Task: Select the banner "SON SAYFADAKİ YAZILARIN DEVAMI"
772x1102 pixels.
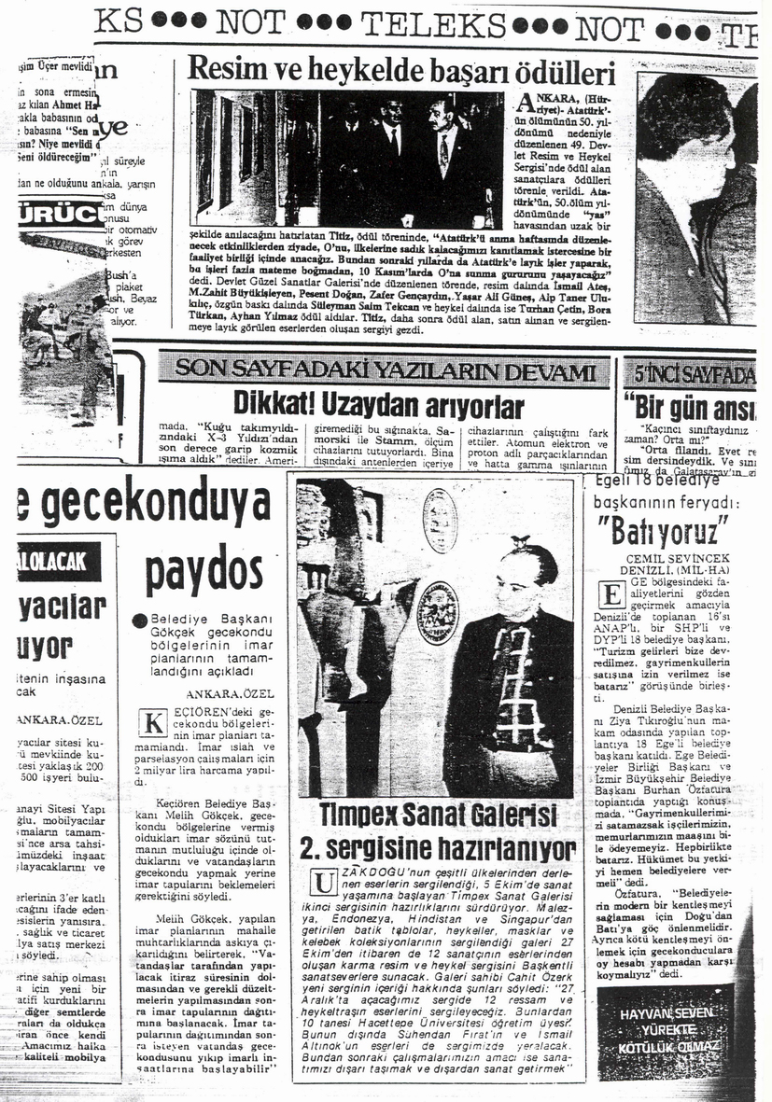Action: click(x=385, y=370)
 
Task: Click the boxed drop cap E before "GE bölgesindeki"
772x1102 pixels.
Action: click(x=611, y=594)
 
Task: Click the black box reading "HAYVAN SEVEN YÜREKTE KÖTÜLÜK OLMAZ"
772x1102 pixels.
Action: click(x=666, y=1028)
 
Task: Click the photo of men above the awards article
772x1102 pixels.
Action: click(x=347, y=159)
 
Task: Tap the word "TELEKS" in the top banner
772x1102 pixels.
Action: click(x=434, y=25)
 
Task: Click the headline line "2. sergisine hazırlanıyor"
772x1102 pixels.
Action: click(x=439, y=848)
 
